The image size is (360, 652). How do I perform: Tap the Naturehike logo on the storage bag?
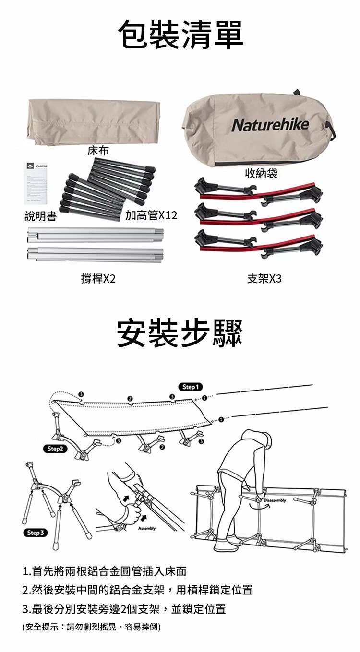(x=270, y=125)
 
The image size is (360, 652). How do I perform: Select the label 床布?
(x=98, y=151)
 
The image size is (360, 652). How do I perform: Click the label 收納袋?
(x=261, y=173)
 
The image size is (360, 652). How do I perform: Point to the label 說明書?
(x=41, y=217)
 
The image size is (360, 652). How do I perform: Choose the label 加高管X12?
(x=151, y=215)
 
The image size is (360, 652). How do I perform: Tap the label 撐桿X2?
(x=98, y=278)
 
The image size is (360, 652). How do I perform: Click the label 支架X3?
(x=264, y=278)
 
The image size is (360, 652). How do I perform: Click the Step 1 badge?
(x=191, y=387)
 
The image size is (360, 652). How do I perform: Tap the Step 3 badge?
(x=36, y=533)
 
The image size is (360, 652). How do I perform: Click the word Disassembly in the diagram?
(x=274, y=501)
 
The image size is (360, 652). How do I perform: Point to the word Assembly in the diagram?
(x=146, y=528)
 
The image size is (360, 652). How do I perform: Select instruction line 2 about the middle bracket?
(x=137, y=590)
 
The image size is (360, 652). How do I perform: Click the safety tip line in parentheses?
(x=92, y=627)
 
